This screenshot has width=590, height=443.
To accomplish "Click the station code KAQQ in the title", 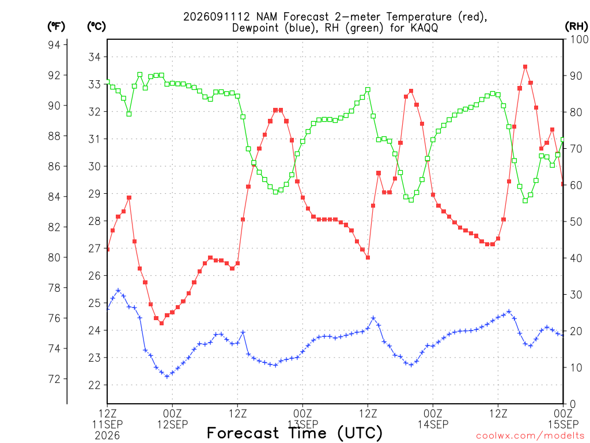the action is pos(424,28).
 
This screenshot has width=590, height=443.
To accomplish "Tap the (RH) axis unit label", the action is pos(576,27).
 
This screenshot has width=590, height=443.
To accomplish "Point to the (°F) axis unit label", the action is pos(56,27).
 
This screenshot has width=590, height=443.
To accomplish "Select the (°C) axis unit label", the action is pos(96,27).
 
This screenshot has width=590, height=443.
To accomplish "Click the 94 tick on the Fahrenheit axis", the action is pos(54,45).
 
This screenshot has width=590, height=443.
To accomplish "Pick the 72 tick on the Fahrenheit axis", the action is pos(54,379).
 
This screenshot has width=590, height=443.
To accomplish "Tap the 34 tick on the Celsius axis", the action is pos(94,57).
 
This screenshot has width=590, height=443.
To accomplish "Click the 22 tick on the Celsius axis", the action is pos(94,385).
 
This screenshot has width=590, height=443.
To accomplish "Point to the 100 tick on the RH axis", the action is pos(578,39).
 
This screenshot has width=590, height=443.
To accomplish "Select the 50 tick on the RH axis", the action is pos(576,221).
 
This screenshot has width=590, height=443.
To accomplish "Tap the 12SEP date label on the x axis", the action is pos(172,425).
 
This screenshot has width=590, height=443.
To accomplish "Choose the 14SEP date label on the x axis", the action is pos(433,425).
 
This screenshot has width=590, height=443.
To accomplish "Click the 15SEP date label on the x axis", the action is pos(563,425).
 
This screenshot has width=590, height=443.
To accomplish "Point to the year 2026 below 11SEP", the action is pos(107,436).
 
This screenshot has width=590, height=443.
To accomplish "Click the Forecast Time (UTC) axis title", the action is pos(294,433).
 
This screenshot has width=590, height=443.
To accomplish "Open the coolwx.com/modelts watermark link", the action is pos(531,436).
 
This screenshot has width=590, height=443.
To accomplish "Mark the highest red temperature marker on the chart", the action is pos(525,67).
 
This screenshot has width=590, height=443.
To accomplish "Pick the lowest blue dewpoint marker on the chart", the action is pos(167,376).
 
